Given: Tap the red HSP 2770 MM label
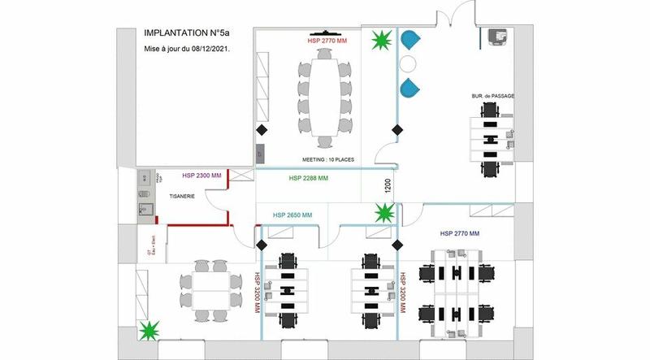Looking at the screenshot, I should (327, 39).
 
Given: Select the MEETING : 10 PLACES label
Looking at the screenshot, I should (328, 160).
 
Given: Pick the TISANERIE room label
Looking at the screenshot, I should (180, 195).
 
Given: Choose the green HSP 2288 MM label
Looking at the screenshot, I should (309, 178).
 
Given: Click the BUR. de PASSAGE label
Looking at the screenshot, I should (492, 97).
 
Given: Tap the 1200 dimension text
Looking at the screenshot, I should (388, 187).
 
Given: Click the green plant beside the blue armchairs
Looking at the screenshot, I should (380, 40).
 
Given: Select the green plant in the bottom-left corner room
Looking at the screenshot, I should (149, 331).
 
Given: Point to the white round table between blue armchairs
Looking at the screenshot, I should (409, 63).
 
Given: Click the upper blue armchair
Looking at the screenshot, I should (410, 41).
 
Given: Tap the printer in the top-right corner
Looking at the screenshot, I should (496, 37).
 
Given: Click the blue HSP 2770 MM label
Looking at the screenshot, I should (461, 234).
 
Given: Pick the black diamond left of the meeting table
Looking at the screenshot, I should (262, 130).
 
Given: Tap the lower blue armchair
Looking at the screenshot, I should (411, 87).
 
